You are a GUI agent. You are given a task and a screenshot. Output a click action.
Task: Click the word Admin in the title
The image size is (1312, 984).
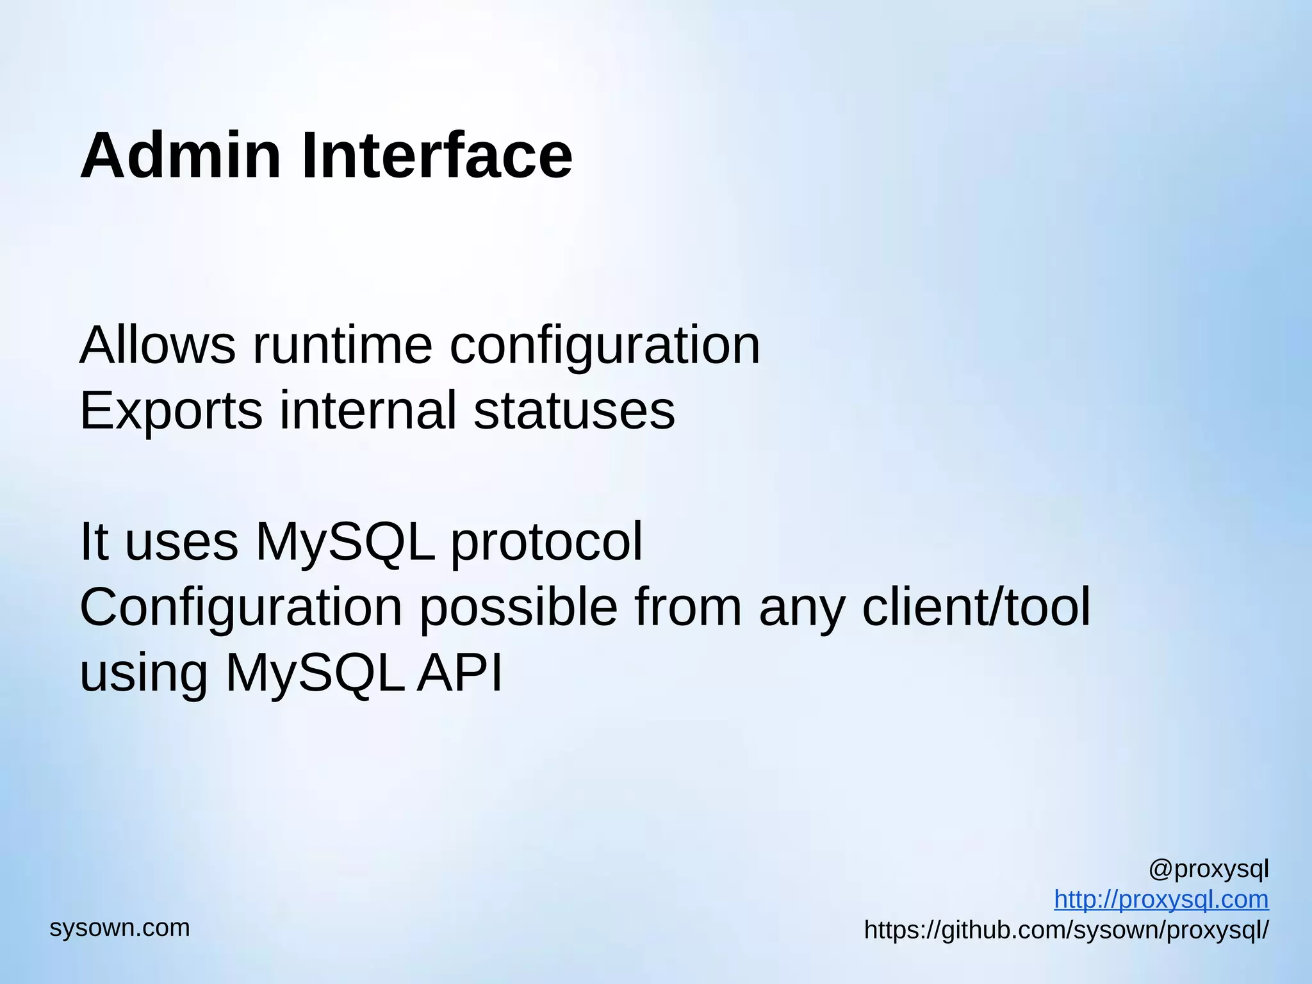pyautogui.click(x=180, y=156)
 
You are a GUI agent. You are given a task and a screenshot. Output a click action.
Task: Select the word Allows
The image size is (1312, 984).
pyautogui.click(x=158, y=345)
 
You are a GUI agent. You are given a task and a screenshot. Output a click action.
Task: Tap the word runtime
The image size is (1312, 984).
pyautogui.click(x=343, y=345)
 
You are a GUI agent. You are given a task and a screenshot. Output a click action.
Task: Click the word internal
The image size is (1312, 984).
pyautogui.click(x=368, y=411)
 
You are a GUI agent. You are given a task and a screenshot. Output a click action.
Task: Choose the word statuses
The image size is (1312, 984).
pyautogui.click(x=574, y=411)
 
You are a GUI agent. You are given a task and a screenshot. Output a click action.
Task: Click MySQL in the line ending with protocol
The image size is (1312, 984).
pyautogui.click(x=345, y=542)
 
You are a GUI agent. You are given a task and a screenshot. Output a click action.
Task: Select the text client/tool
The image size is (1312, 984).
pyautogui.click(x=976, y=607)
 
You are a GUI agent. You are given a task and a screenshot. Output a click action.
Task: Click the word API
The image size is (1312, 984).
pyautogui.click(x=459, y=673)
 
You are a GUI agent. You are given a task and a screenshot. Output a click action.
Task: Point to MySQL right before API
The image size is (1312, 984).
pyautogui.click(x=315, y=673)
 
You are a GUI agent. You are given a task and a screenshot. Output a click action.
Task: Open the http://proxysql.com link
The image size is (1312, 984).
pyautogui.click(x=1161, y=899)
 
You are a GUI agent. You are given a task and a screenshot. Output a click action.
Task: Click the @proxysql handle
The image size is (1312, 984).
pyautogui.click(x=1208, y=869)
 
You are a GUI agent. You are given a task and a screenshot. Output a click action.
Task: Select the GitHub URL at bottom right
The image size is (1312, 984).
pyautogui.click(x=1066, y=930)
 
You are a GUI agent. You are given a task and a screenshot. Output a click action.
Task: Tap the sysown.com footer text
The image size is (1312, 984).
pyautogui.click(x=120, y=928)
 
